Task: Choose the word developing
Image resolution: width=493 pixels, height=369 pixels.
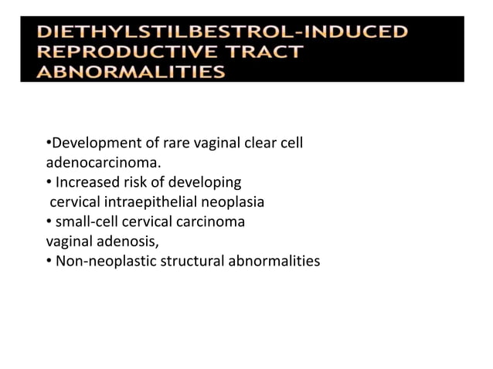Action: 202,183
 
